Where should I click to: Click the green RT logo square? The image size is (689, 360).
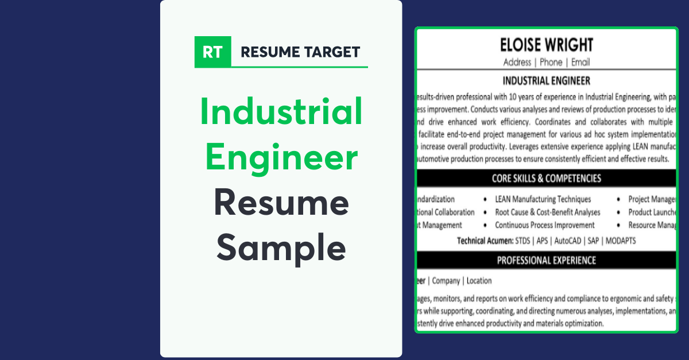point(213,52)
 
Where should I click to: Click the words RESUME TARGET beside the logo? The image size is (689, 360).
point(300,52)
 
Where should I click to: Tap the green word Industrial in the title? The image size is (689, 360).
point(281,112)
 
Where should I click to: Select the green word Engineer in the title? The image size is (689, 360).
point(281,157)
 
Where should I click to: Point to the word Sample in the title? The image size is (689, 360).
point(281,247)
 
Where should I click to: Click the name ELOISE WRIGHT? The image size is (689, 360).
point(546,45)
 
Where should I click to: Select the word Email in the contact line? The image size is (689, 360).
point(580,62)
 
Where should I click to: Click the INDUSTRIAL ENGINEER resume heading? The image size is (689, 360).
point(546,80)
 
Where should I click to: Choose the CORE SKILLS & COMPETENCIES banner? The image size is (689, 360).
point(546,179)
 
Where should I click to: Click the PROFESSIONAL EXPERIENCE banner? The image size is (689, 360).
point(546,261)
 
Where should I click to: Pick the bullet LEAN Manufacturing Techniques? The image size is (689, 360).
point(543,199)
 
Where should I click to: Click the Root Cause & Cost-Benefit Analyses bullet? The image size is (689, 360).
point(547,212)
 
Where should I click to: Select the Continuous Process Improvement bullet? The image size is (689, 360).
point(544,226)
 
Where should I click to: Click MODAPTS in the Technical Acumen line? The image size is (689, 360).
point(620,241)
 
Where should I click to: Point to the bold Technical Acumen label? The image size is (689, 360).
point(485,241)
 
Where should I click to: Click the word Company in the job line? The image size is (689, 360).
point(446,281)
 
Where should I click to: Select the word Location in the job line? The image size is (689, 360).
point(479,281)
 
